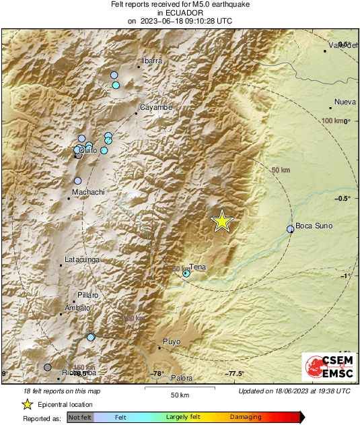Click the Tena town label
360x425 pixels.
coord(198,267)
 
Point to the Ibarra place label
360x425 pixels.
coord(152,61)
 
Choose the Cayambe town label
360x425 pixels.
coord(156,107)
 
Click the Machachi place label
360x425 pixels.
coord(88,192)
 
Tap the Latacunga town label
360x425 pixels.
coord(81,259)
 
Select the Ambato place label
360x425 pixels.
coord(77,308)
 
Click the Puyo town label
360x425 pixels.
coord(172,342)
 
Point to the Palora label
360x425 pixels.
coord(182,378)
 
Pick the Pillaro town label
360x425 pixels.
coord(87,295)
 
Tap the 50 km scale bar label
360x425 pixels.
coord(178,395)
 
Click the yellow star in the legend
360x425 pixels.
coord(27,404)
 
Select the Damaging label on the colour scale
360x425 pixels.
coord(246,418)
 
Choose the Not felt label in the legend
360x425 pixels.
coord(80,418)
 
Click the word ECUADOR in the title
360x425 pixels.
coord(180,13)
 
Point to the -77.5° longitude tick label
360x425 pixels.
coord(233,374)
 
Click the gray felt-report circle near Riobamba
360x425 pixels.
coord(47,367)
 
